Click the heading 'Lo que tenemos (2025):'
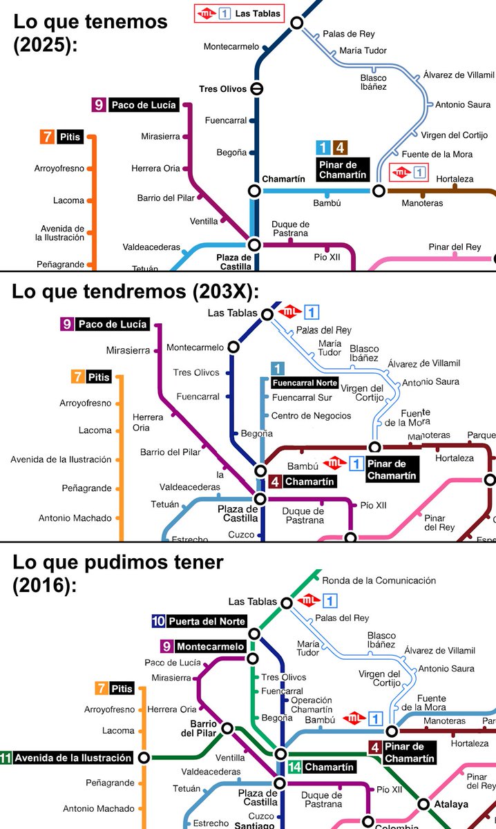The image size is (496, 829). [90, 32]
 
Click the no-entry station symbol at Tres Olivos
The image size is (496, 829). [256, 89]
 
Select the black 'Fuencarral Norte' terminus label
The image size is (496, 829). [305, 383]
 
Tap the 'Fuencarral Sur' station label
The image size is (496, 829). [301, 398]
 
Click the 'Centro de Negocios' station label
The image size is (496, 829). [311, 416]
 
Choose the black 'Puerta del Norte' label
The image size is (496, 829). [206, 621]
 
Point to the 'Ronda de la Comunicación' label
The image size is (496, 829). [379, 580]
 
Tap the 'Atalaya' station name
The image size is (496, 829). [451, 804]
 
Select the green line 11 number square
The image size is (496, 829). [6, 757]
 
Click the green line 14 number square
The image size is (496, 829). [294, 767]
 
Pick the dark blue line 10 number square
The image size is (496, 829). [158, 621]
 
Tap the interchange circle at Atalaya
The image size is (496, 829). [424, 804]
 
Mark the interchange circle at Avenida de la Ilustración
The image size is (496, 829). [144, 757]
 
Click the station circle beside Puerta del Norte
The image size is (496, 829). [254, 633]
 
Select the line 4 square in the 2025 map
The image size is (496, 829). [339, 147]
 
